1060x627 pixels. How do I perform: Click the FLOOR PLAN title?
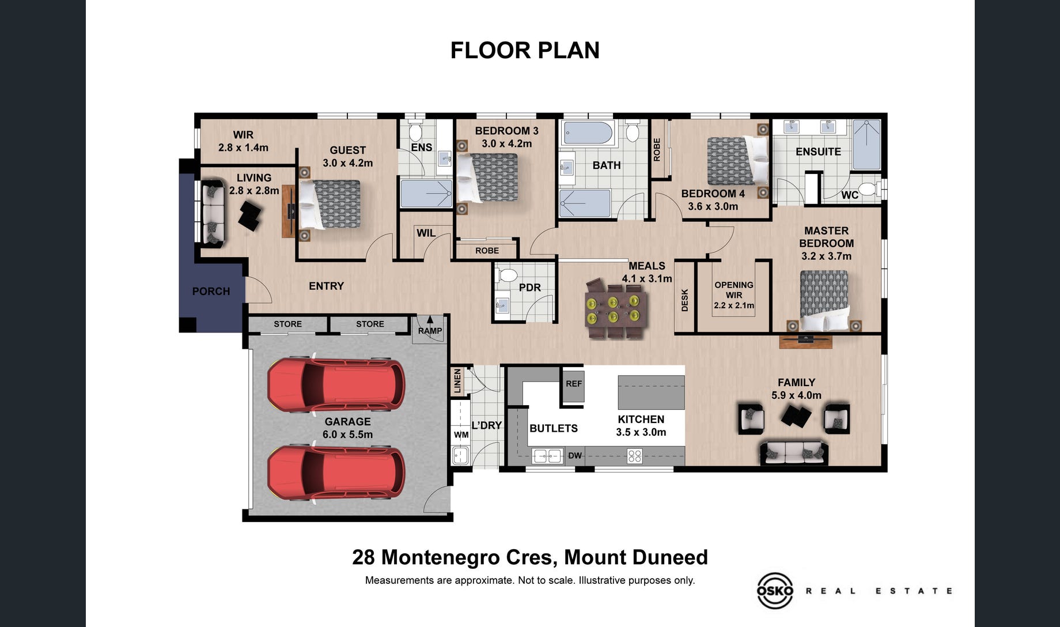pos(525,51)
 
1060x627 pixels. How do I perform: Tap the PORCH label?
pos(211,291)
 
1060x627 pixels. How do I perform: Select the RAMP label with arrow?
pos(430,326)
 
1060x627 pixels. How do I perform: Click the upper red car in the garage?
pos(336,384)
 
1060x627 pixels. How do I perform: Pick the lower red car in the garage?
pos(336,473)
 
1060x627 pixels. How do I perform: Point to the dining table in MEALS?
pos(613,309)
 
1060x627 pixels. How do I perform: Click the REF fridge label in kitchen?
pos(574,383)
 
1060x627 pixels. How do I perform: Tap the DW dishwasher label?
pos(575,455)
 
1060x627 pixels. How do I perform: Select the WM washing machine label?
pos(461,435)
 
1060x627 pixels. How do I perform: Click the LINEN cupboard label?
pos(457,381)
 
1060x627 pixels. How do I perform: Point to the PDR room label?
pos(529,287)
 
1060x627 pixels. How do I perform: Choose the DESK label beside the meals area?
pos(685,300)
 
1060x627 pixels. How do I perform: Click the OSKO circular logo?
pos(774,590)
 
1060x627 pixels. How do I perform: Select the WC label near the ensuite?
pos(850,195)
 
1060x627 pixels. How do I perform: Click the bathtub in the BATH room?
pos(588,133)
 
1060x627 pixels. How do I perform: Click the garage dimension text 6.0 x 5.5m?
pos(347,435)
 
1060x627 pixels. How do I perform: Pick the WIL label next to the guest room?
pos(426,233)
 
